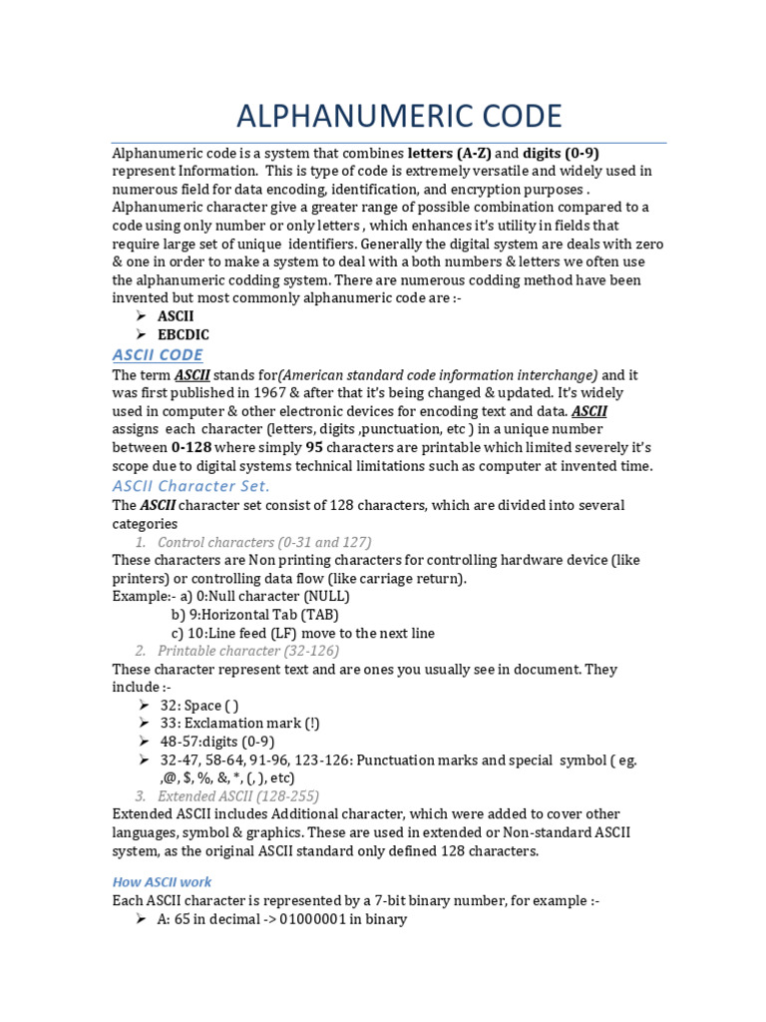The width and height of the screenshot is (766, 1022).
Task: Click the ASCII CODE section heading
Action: point(157,354)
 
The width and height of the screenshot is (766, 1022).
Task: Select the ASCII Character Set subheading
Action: point(191,485)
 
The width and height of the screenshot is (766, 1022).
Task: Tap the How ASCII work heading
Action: point(162,881)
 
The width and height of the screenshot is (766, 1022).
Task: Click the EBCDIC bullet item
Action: point(184,334)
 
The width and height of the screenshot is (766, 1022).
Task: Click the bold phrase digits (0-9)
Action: point(561,154)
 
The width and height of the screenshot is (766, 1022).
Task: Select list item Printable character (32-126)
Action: point(248,651)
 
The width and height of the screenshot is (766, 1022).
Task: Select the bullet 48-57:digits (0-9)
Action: point(216,742)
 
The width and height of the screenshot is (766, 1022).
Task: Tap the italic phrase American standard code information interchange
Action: point(439,374)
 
